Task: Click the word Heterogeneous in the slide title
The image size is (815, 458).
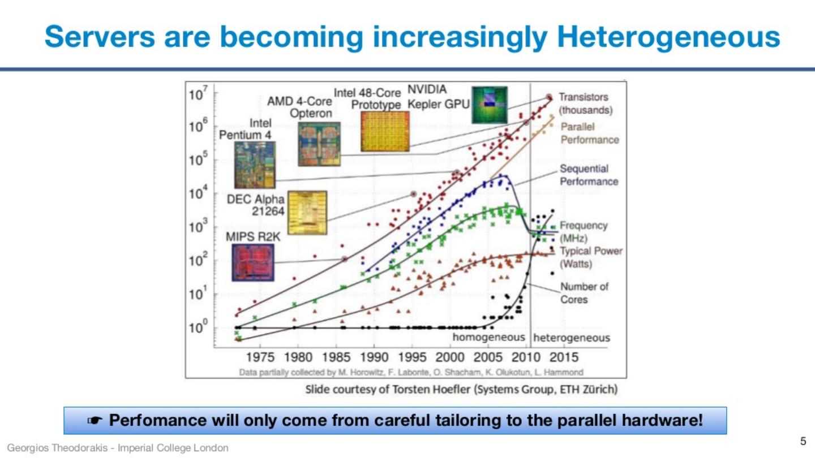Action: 668,37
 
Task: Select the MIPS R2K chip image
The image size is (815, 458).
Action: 252,262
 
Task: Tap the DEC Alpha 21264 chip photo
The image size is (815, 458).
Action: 307,213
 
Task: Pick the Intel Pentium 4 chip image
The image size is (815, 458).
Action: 254,165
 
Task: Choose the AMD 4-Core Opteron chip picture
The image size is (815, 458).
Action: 319,144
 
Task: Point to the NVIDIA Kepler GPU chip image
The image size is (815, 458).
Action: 489,105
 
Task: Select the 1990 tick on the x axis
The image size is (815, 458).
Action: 374,357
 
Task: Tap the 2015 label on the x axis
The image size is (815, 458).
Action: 564,357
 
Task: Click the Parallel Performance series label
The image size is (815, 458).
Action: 589,133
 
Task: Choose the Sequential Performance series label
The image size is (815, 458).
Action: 589,175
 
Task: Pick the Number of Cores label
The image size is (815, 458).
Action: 584,293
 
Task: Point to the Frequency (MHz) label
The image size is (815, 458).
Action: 583,231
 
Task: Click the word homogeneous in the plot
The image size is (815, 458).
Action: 488,338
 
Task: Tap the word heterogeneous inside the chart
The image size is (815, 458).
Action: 572,338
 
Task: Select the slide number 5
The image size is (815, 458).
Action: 803,441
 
